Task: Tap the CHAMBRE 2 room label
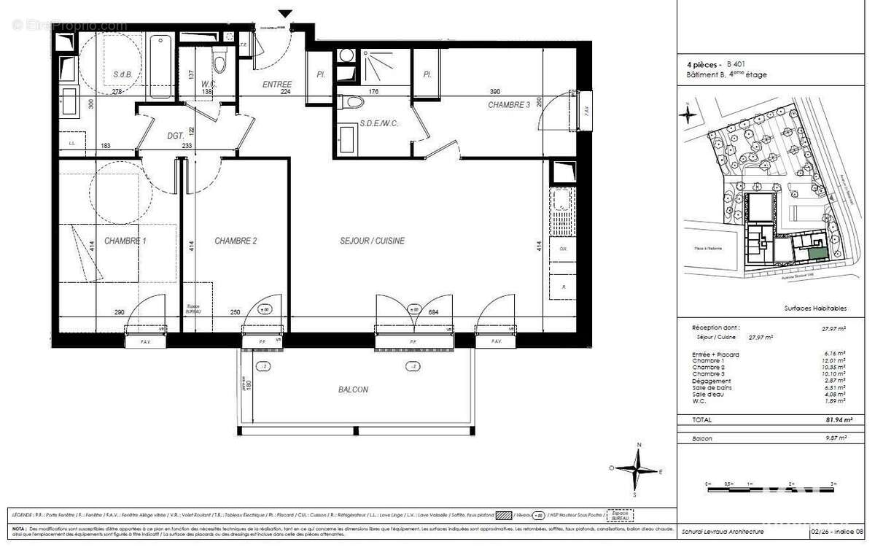235,241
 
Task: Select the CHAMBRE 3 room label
509,105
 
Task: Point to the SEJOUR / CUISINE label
372,241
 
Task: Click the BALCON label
353,389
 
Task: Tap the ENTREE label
277,85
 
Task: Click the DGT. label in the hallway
175,136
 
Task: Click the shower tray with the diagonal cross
381,64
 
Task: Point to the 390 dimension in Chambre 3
494,92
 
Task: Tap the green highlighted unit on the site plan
818,253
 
